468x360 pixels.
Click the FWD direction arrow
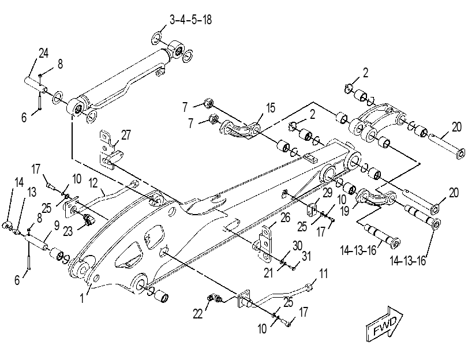pyautogui.click(x=384, y=324)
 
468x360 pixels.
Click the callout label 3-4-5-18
pyautogui.click(x=191, y=20)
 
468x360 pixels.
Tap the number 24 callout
pyautogui.click(x=43, y=54)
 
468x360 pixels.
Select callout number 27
pyautogui.click(x=126, y=135)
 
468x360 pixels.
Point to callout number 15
pyautogui.click(x=271, y=108)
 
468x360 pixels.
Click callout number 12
pyautogui.click(x=93, y=183)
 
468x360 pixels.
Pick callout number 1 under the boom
pyautogui.click(x=82, y=298)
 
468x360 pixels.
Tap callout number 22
pyautogui.click(x=197, y=314)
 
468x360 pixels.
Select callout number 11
pyautogui.click(x=323, y=273)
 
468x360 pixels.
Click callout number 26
pyautogui.click(x=285, y=217)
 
